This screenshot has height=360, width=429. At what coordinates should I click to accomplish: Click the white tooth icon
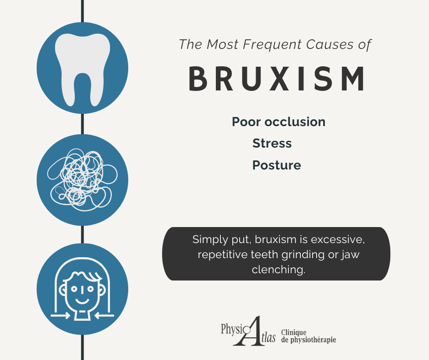(82, 69)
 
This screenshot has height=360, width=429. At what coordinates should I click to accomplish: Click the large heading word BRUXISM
(277, 79)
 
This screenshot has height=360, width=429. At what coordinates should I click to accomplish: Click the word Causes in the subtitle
(327, 45)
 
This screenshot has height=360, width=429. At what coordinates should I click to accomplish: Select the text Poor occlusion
(278, 122)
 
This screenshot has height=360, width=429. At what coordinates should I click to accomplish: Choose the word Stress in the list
(272, 143)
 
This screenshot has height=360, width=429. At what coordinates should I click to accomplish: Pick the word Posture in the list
(277, 165)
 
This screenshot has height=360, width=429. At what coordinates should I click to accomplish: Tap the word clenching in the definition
(278, 270)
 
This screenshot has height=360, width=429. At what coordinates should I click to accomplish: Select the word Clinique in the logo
(294, 333)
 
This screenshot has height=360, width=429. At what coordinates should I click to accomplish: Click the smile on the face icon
(82, 301)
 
